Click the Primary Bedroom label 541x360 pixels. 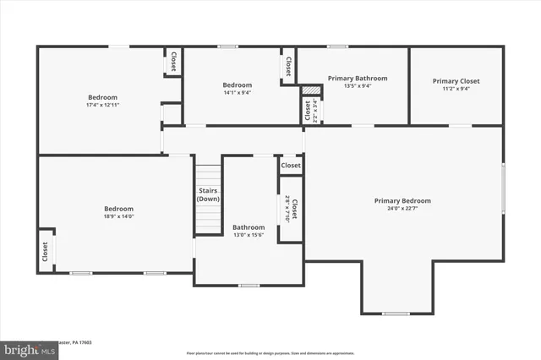coord(402,200)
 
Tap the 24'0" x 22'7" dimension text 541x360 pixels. coord(402,208)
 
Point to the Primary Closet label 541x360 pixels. coord(456,81)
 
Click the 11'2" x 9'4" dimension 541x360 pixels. coord(456,89)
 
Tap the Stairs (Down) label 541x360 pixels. coord(209,194)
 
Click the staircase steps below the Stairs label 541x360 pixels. coord(208,221)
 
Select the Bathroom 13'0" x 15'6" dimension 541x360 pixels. coord(249,235)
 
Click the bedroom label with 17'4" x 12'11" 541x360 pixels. coord(102,97)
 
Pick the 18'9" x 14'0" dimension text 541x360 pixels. coord(118,216)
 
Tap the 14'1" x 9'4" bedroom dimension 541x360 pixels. coord(237,92)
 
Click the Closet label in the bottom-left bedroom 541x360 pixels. coord(45,251)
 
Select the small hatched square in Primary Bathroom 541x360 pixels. coord(312,89)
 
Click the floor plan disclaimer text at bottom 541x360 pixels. coord(270,352)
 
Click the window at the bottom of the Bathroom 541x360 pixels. coord(249,286)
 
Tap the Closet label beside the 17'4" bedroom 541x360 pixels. coord(173,63)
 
